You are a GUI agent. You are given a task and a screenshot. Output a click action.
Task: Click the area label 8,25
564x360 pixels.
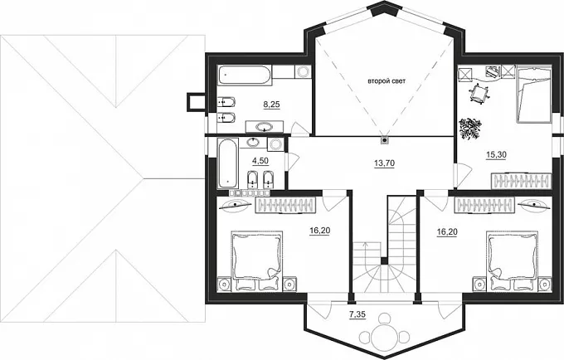pyautogui.click(x=271, y=105)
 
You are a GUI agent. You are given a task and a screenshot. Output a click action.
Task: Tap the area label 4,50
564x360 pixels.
pyautogui.click(x=260, y=161)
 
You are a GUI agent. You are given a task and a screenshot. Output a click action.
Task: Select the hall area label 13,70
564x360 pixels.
pyautogui.click(x=385, y=163)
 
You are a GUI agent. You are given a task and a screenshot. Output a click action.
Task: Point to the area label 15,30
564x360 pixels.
pyautogui.click(x=496, y=154)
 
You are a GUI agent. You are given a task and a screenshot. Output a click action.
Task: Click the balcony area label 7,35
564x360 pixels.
pyautogui.click(x=357, y=314)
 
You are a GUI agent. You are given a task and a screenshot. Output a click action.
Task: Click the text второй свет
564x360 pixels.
pyautogui.click(x=387, y=81)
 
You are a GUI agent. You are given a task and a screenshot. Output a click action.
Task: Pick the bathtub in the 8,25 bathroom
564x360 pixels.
pyautogui.click(x=244, y=75)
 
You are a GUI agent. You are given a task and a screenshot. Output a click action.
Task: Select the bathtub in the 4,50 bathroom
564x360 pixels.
pyautogui.click(x=228, y=163)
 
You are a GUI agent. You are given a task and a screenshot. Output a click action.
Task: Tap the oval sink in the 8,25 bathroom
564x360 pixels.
pyautogui.click(x=265, y=127)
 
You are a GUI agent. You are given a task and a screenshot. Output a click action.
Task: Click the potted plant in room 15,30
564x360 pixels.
pyautogui.click(x=470, y=129)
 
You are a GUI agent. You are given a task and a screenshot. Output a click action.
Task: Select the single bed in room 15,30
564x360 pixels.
pyautogui.click(x=533, y=95)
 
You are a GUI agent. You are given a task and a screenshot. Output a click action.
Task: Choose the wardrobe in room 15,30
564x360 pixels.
pyautogui.click(x=521, y=181)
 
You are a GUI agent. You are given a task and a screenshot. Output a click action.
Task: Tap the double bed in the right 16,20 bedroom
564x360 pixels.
pyautogui.click(x=513, y=260)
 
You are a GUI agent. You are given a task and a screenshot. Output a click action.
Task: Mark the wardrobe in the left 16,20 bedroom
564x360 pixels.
pyautogui.click(x=285, y=206)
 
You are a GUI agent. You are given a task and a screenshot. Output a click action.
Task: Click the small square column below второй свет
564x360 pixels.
pyautogui.click(x=385, y=140)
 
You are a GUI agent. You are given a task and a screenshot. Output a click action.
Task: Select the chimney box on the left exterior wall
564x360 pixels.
pyautogui.click(x=195, y=101)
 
